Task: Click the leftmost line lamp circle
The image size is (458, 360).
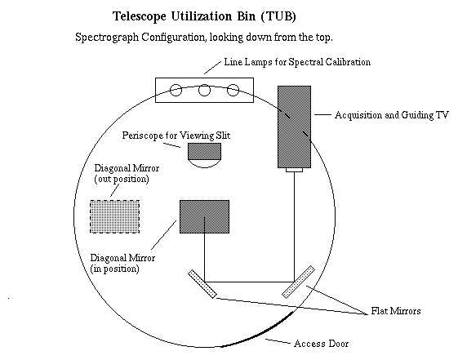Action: [x=176, y=91]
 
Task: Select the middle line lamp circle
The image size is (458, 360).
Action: [x=204, y=91]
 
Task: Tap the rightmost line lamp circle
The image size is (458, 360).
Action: [x=233, y=91]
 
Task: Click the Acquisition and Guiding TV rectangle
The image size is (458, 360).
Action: [x=294, y=127]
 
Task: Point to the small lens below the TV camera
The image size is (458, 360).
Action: [x=294, y=170]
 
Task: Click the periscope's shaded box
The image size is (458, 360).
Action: [x=204, y=151]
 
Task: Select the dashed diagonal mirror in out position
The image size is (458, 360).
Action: [x=114, y=216]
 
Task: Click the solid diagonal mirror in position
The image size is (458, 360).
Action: [x=204, y=216]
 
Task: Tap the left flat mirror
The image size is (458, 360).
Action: [x=202, y=284]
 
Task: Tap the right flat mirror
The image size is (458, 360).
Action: [x=298, y=282]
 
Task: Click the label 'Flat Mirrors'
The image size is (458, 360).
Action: [x=396, y=311]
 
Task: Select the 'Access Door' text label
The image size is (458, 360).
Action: [x=322, y=344]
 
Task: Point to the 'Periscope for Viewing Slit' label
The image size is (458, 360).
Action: [x=176, y=136]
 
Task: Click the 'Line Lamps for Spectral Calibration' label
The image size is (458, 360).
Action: [x=297, y=62]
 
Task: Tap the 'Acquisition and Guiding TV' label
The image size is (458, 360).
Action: [x=391, y=115]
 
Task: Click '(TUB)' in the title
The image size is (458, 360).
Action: [x=278, y=16]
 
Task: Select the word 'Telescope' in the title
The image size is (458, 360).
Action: [x=140, y=16]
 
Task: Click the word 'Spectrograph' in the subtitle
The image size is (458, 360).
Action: [x=107, y=38]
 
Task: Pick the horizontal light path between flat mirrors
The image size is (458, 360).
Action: [x=250, y=282]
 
